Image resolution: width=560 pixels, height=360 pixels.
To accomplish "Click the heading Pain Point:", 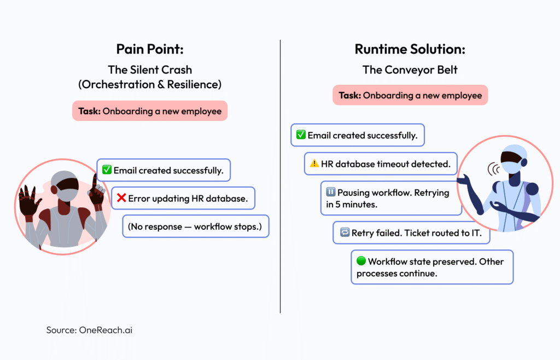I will click(149, 49).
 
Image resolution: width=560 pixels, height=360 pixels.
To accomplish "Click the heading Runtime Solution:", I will click(410, 49).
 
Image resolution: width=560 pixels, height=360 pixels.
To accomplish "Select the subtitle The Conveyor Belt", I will click(410, 70).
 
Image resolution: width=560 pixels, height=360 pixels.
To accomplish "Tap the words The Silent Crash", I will click(149, 70).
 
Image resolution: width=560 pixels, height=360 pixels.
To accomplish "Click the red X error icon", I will click(121, 198).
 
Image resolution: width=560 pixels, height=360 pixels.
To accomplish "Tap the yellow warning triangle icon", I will click(314, 163).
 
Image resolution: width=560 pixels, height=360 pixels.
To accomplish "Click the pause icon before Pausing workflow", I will click(330, 193).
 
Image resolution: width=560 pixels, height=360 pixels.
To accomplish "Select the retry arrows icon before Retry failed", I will click(344, 233).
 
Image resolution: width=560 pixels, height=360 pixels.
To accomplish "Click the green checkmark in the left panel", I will click(107, 170).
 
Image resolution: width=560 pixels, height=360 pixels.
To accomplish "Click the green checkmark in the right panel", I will click(301, 135).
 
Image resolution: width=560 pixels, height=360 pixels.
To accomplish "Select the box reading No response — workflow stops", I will click(195, 226).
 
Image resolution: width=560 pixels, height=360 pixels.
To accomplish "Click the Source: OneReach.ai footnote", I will click(89, 330).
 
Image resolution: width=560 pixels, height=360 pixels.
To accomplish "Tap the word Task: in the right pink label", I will click(350, 95).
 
